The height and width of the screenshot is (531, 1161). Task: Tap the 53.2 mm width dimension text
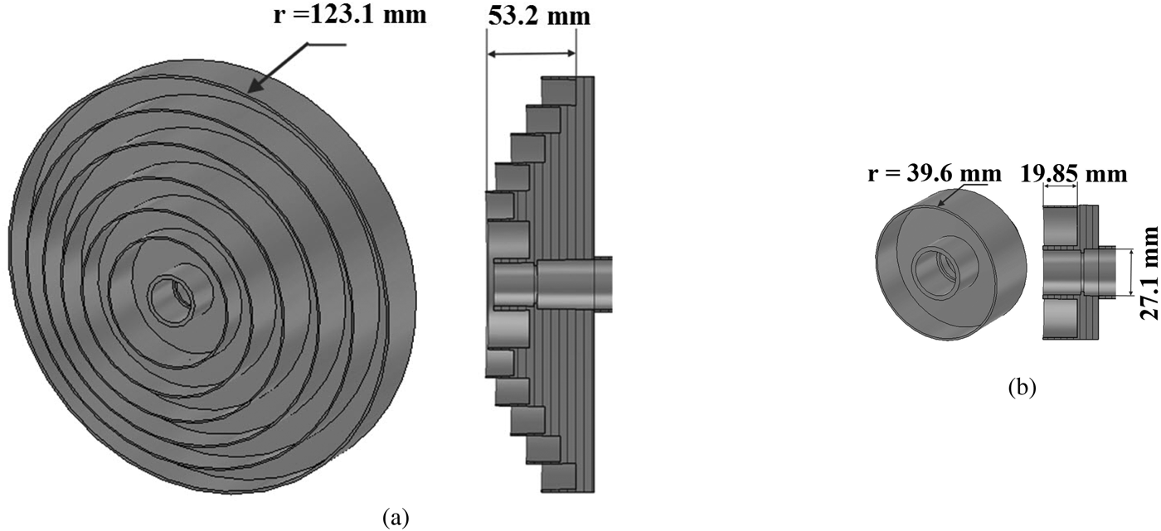coord(538,16)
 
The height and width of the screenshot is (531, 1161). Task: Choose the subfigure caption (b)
coord(1021,386)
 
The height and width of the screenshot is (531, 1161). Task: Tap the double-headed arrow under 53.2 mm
coord(531,54)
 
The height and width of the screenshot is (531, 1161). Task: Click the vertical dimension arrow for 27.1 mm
coord(1129,272)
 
